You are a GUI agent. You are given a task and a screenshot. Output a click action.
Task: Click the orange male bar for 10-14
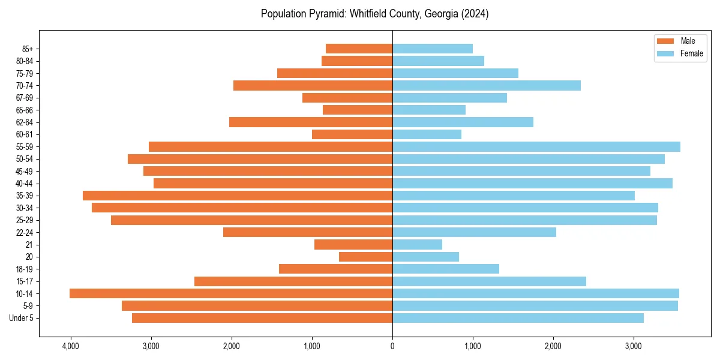(x=231, y=293)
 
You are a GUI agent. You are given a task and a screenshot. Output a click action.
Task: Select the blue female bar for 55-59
(x=536, y=146)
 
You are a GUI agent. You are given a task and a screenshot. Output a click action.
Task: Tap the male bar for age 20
(x=365, y=257)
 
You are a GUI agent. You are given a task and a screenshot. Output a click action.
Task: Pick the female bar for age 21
(x=417, y=244)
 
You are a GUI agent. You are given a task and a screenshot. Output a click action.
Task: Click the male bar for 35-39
(x=238, y=196)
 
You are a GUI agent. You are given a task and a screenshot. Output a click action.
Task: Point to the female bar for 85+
(x=433, y=49)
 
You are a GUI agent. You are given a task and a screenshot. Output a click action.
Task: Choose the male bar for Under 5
(x=262, y=318)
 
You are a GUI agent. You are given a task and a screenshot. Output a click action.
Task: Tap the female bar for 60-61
(x=427, y=134)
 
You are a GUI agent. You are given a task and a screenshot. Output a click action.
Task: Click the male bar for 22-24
(x=308, y=232)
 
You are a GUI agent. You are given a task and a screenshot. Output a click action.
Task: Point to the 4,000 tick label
(x=71, y=346)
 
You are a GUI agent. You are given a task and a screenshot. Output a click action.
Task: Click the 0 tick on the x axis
(x=392, y=346)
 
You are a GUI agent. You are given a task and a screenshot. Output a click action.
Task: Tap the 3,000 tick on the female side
(x=634, y=346)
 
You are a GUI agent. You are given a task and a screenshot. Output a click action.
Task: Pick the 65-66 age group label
(x=25, y=110)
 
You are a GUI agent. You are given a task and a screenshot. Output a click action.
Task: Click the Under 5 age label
(x=22, y=318)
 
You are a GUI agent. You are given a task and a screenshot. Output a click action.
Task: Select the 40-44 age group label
(x=25, y=184)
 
